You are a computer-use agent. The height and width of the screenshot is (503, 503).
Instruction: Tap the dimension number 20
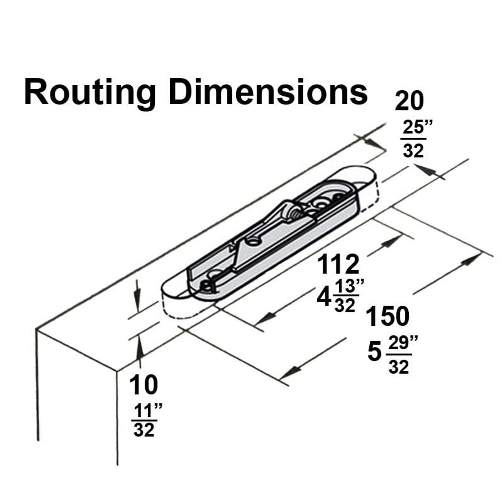409,101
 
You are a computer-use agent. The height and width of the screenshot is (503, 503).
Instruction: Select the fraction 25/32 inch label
413,140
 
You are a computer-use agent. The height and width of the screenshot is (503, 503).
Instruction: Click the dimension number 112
338,264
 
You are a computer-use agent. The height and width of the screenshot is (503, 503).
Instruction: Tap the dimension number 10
144,385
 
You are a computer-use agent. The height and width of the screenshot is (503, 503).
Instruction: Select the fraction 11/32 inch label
145,421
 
